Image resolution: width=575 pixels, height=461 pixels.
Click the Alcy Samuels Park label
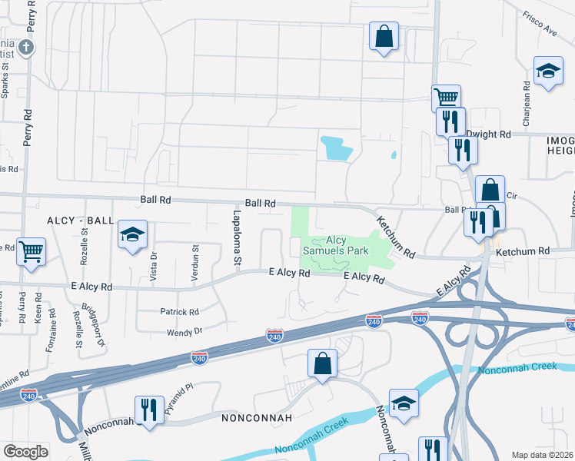[x=335, y=245]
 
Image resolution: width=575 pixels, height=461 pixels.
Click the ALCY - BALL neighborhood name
[x=81, y=220]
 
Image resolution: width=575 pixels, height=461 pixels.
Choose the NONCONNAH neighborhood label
[x=257, y=419]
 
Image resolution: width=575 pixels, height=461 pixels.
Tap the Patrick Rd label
[x=179, y=312]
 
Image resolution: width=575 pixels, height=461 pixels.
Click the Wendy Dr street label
[x=184, y=332]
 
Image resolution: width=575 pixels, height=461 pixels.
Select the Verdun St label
[x=195, y=255]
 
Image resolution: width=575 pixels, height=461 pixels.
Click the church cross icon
[x=27, y=48]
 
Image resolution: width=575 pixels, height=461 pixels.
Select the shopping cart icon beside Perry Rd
[x=31, y=250]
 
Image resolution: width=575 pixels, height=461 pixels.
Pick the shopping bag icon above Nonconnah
[x=323, y=363]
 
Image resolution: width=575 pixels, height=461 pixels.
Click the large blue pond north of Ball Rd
[x=334, y=148]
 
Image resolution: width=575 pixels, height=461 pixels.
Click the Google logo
[x=25, y=452]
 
